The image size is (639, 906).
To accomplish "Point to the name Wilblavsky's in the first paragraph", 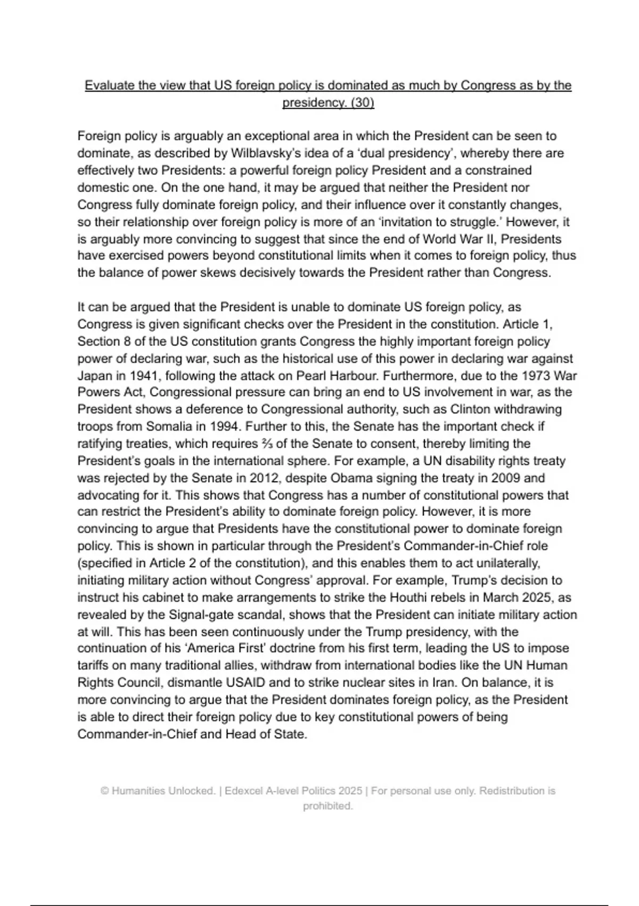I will point(264,153).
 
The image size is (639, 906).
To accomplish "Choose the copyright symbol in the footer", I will point(104,791).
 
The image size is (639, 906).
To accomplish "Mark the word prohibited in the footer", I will point(327,806).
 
